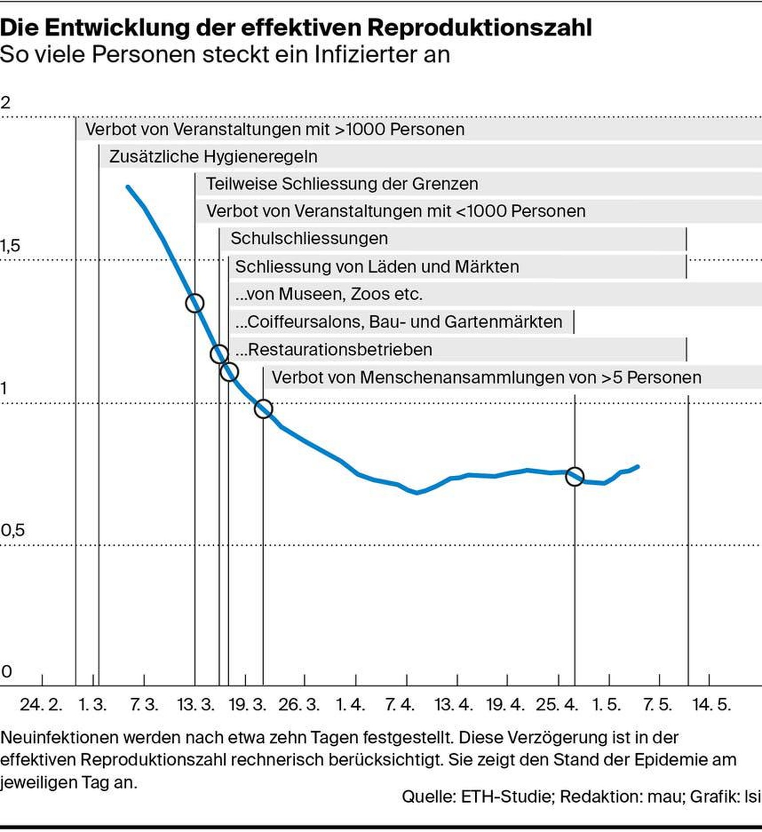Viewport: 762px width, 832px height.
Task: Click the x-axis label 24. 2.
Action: pyautogui.click(x=41, y=704)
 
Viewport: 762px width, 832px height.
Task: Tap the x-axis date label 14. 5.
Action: pyautogui.click(x=711, y=704)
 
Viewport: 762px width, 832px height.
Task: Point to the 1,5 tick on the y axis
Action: pyautogui.click(x=10, y=246)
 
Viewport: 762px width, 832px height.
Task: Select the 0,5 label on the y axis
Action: pyautogui.click(x=12, y=530)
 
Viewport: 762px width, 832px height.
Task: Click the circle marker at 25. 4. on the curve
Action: pyautogui.click(x=574, y=476)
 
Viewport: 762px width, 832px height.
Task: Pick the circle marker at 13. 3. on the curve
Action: pyautogui.click(x=194, y=303)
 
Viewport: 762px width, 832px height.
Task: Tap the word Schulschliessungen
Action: pyautogui.click(x=309, y=239)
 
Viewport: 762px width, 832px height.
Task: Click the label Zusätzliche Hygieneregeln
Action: pyautogui.click(x=213, y=157)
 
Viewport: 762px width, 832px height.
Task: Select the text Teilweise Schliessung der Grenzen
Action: pyautogui.click(x=342, y=184)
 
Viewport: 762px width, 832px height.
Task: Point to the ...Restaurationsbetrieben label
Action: pyautogui.click(x=334, y=350)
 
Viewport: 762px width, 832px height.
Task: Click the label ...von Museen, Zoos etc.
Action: pyautogui.click(x=328, y=294)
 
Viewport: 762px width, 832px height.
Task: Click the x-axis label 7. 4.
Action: pyautogui.click(x=399, y=704)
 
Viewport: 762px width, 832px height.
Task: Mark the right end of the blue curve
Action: pyautogui.click(x=637, y=466)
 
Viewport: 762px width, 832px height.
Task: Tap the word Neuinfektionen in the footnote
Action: pyautogui.click(x=59, y=738)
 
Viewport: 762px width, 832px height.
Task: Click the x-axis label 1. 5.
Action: pyautogui.click(x=606, y=704)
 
